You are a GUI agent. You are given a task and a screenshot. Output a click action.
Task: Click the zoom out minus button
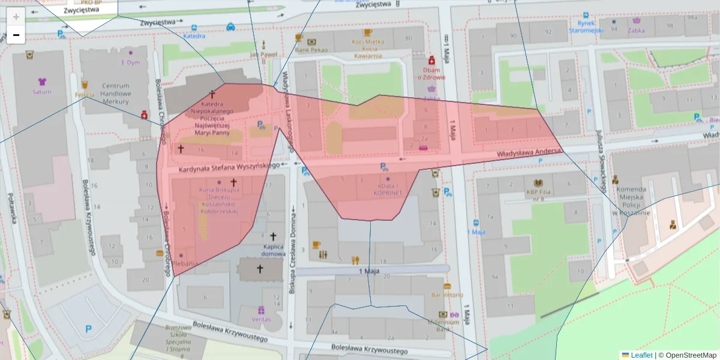tap(16, 35)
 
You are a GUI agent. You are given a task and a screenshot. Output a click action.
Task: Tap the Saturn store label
tap(42, 92)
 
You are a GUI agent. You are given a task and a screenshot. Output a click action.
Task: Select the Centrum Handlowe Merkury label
tap(116, 94)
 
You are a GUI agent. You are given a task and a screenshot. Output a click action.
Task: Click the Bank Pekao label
tap(311, 50)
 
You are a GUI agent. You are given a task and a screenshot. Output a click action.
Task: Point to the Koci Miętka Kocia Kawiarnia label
tap(367, 49)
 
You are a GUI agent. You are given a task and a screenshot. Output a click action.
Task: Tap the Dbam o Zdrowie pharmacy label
tap(431, 73)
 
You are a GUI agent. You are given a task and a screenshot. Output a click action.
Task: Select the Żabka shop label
tap(637, 28)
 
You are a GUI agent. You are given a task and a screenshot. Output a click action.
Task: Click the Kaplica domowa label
tap(274, 250)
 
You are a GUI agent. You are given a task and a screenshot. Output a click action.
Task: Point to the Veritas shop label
tap(261, 319)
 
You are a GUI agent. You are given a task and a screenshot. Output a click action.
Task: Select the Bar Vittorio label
tap(447, 295)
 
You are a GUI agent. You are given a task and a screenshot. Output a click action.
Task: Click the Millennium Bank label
tap(444, 325)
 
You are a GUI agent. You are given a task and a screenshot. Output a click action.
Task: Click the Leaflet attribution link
tap(641, 355)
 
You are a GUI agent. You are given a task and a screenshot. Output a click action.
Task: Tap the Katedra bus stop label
tap(194, 36)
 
